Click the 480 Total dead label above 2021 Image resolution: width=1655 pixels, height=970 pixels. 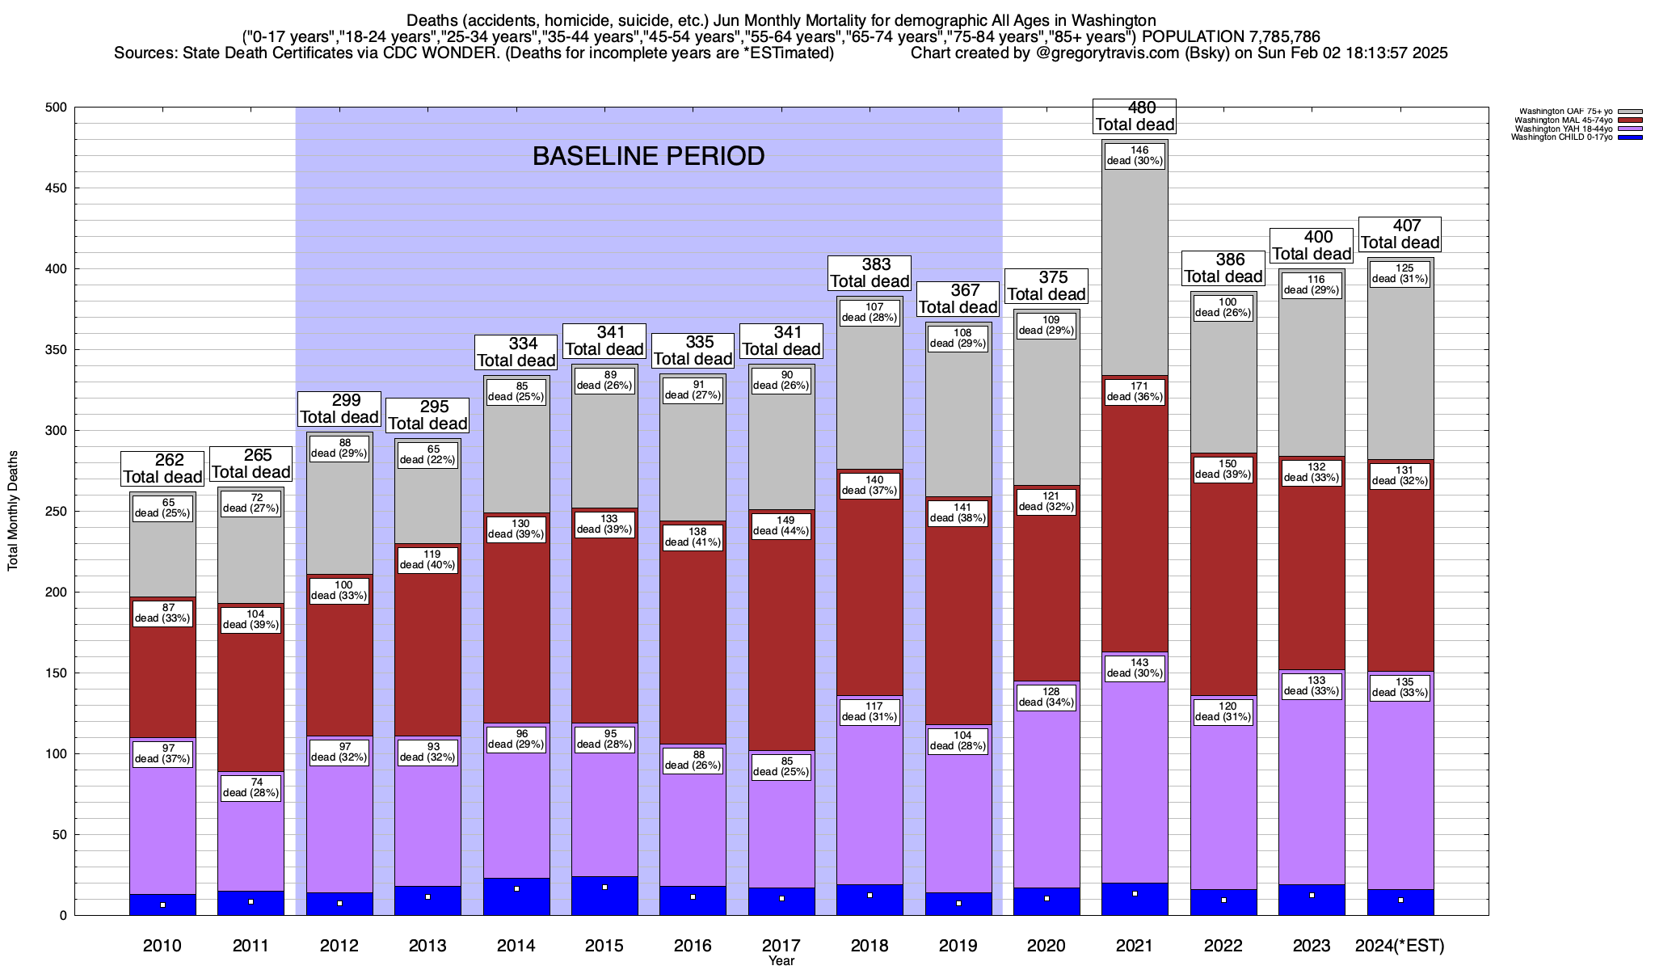1135,116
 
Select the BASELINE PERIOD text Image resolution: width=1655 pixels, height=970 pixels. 648,156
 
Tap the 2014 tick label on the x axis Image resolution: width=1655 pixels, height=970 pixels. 516,946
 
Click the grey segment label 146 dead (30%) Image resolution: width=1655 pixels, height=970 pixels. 1135,155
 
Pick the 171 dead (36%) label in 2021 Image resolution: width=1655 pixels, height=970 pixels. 1135,391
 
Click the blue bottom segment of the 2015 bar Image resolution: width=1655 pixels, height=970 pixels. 604,896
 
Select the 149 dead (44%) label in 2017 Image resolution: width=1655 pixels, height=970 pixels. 781,525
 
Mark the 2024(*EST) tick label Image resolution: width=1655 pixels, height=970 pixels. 1400,946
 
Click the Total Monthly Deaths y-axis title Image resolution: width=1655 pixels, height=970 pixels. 13,511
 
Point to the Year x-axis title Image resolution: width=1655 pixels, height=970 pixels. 781,961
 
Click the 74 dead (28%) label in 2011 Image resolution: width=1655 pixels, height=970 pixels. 251,787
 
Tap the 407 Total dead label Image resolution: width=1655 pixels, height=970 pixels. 1400,234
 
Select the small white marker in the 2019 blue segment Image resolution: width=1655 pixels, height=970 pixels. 958,903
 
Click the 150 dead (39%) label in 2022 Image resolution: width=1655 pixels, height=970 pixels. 1223,469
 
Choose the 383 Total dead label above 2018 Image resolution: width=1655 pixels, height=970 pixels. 870,273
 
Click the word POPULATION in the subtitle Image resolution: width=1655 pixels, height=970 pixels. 1191,37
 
